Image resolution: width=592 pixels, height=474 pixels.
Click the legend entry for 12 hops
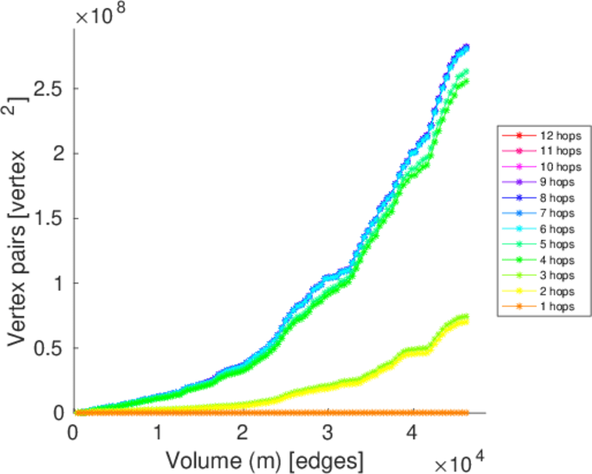point(545,136)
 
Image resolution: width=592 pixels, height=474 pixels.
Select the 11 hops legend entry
point(545,150)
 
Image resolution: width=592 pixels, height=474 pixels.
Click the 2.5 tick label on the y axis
point(47,88)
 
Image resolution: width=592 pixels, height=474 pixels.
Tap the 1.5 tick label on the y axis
point(47,218)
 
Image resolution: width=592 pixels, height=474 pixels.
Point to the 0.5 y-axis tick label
point(47,348)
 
